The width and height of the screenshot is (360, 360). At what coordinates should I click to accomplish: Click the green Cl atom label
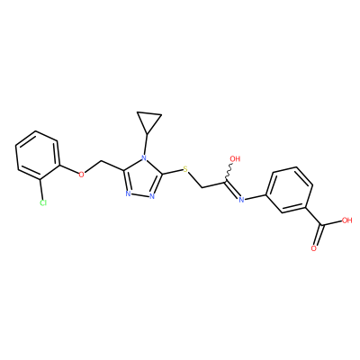(43, 203)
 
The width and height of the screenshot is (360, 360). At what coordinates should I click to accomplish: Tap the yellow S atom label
(185, 169)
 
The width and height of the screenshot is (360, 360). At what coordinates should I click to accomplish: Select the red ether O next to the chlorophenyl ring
(81, 174)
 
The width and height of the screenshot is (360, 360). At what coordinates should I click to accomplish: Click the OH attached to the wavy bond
(235, 158)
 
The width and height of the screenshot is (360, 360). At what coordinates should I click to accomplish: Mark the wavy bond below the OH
(229, 172)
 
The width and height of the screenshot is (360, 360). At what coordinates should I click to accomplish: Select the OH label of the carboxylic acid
(346, 220)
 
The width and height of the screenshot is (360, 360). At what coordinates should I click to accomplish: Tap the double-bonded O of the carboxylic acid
(314, 248)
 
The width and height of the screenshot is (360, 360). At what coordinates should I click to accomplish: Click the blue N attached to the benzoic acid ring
(241, 200)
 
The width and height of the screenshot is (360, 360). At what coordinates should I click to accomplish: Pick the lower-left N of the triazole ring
(128, 193)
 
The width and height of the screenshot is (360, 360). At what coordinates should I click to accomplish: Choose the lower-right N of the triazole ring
(152, 197)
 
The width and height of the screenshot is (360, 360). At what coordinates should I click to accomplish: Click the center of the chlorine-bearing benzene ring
(37, 156)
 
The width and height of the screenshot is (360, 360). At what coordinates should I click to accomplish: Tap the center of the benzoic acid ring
(290, 190)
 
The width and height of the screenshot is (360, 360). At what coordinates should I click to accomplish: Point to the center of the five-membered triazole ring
(142, 178)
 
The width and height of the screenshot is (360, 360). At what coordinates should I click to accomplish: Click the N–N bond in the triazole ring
(140, 195)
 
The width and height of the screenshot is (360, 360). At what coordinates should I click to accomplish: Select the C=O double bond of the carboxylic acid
(319, 235)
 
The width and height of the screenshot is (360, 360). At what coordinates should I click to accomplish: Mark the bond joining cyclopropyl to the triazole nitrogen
(146, 144)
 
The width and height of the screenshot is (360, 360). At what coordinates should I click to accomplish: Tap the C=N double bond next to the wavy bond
(232, 189)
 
